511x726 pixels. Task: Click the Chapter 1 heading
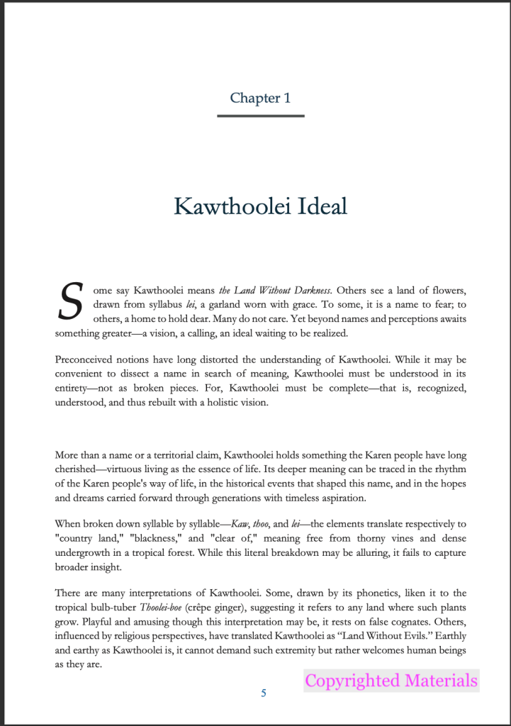click(260, 98)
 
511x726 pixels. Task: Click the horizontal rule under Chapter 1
click(260, 116)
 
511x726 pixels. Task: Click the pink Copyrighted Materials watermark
click(391, 681)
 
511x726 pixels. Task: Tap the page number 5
click(264, 693)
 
